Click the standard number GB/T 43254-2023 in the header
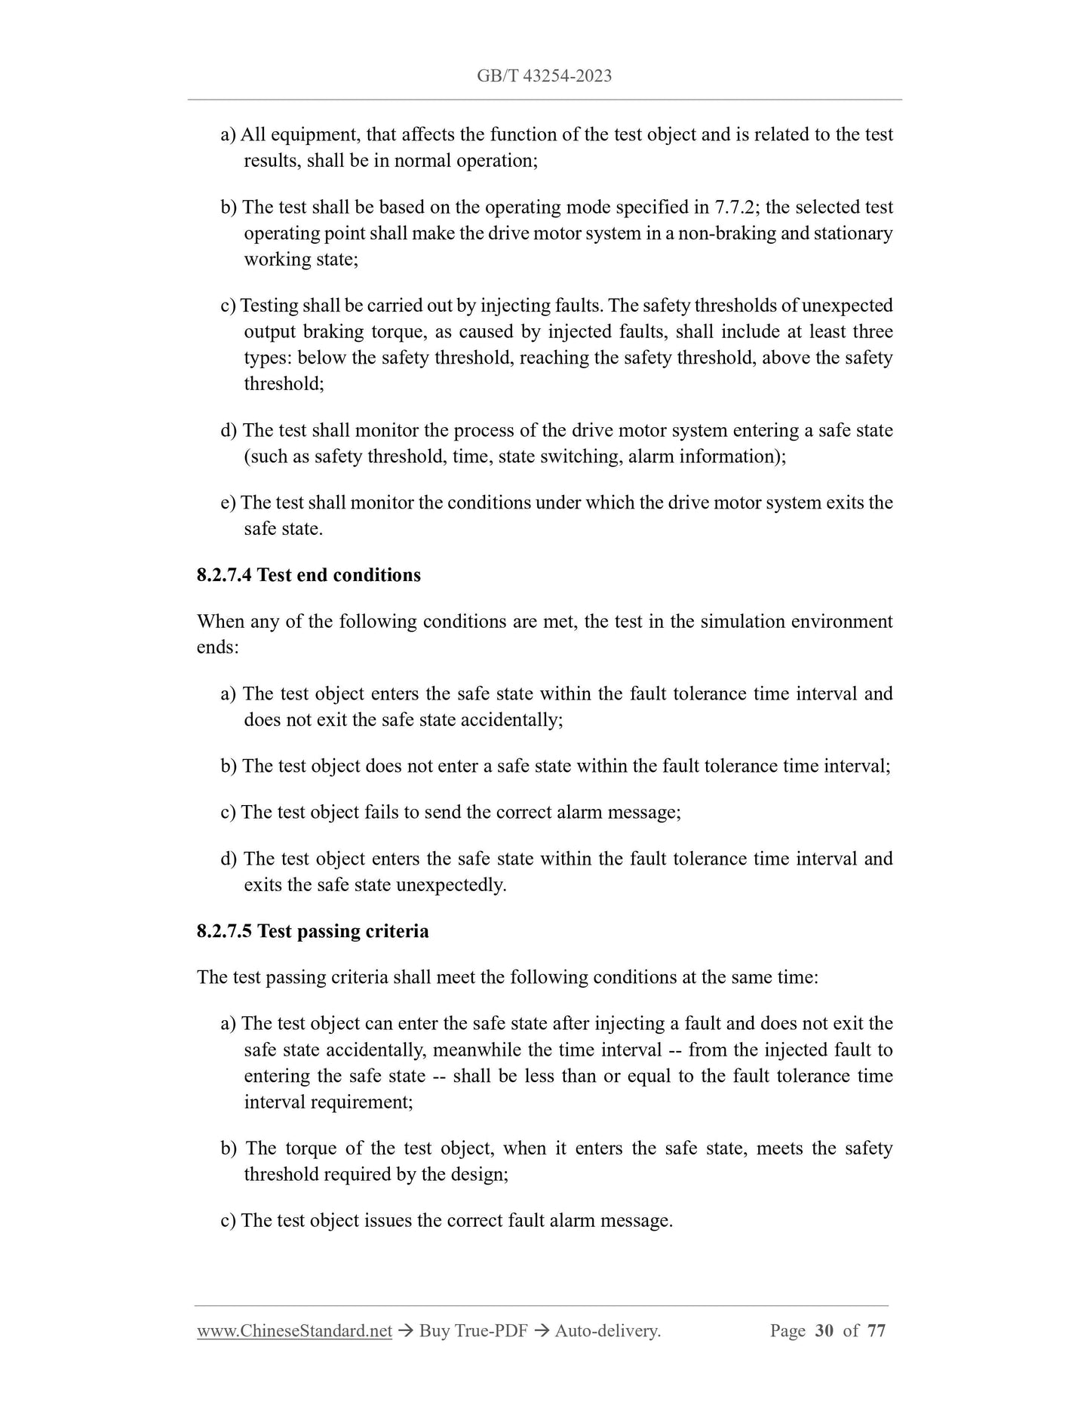coord(544,75)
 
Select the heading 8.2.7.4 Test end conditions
coord(309,575)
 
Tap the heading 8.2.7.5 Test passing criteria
coord(312,931)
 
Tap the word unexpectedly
coord(451,884)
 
